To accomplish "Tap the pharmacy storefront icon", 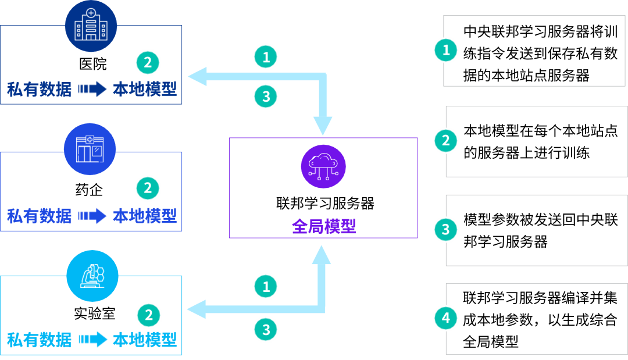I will (90, 149).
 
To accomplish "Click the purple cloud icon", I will (323, 166).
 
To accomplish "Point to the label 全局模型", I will (323, 226).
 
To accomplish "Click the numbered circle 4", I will (446, 318).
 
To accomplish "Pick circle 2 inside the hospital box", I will (148, 62).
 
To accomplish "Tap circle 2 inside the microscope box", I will (148, 315).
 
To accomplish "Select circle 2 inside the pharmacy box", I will (148, 188).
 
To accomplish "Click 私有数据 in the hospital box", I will (39, 89).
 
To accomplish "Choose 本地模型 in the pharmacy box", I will (144, 216).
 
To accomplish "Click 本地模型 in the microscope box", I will (144, 339).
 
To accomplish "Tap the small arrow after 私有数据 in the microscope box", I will (93, 339).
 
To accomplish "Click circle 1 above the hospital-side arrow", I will (266, 57).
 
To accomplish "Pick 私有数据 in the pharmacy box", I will (39, 216).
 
